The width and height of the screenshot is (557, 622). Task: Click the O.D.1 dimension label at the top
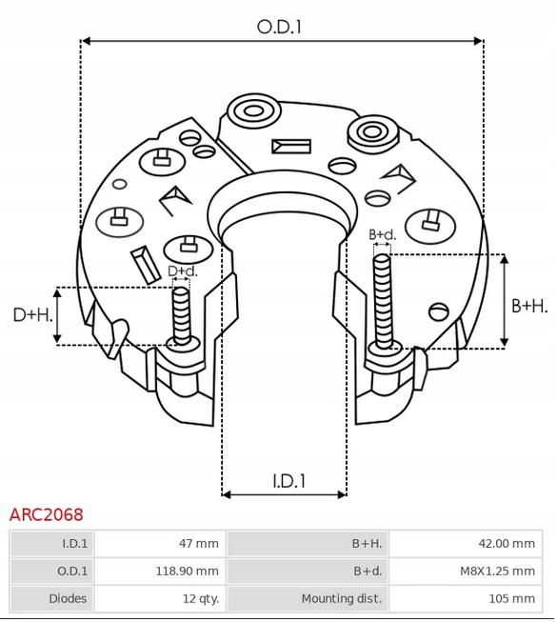coord(279,27)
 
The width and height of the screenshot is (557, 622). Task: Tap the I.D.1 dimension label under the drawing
coord(289,481)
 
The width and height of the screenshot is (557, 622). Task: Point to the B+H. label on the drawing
coord(529,306)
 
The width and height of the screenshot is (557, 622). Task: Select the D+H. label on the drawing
coord(33,315)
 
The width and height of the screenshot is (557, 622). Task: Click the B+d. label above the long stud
coord(383,234)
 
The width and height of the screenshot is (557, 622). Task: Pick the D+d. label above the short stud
coord(183,271)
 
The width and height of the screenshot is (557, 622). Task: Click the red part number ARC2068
coord(47,514)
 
